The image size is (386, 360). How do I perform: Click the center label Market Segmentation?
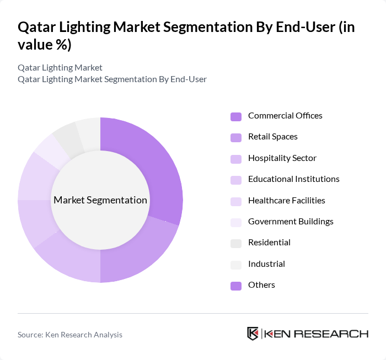point(100,200)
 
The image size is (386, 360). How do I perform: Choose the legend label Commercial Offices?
point(285,116)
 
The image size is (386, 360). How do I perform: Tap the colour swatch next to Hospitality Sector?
point(236,159)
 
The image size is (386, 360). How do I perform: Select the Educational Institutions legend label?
point(293,179)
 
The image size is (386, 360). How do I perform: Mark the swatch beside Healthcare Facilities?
point(236,201)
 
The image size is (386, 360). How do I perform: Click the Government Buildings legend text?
point(290,222)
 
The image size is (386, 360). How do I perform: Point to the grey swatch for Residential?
point(236,243)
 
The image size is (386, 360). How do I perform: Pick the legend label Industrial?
point(266,264)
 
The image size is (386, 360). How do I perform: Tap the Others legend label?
point(261,285)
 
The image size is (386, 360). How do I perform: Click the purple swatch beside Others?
point(236,286)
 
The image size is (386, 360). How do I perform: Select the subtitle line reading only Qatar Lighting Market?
point(60,68)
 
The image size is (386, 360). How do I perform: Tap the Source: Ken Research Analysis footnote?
point(70,335)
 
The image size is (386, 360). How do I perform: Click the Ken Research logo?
point(307,334)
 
